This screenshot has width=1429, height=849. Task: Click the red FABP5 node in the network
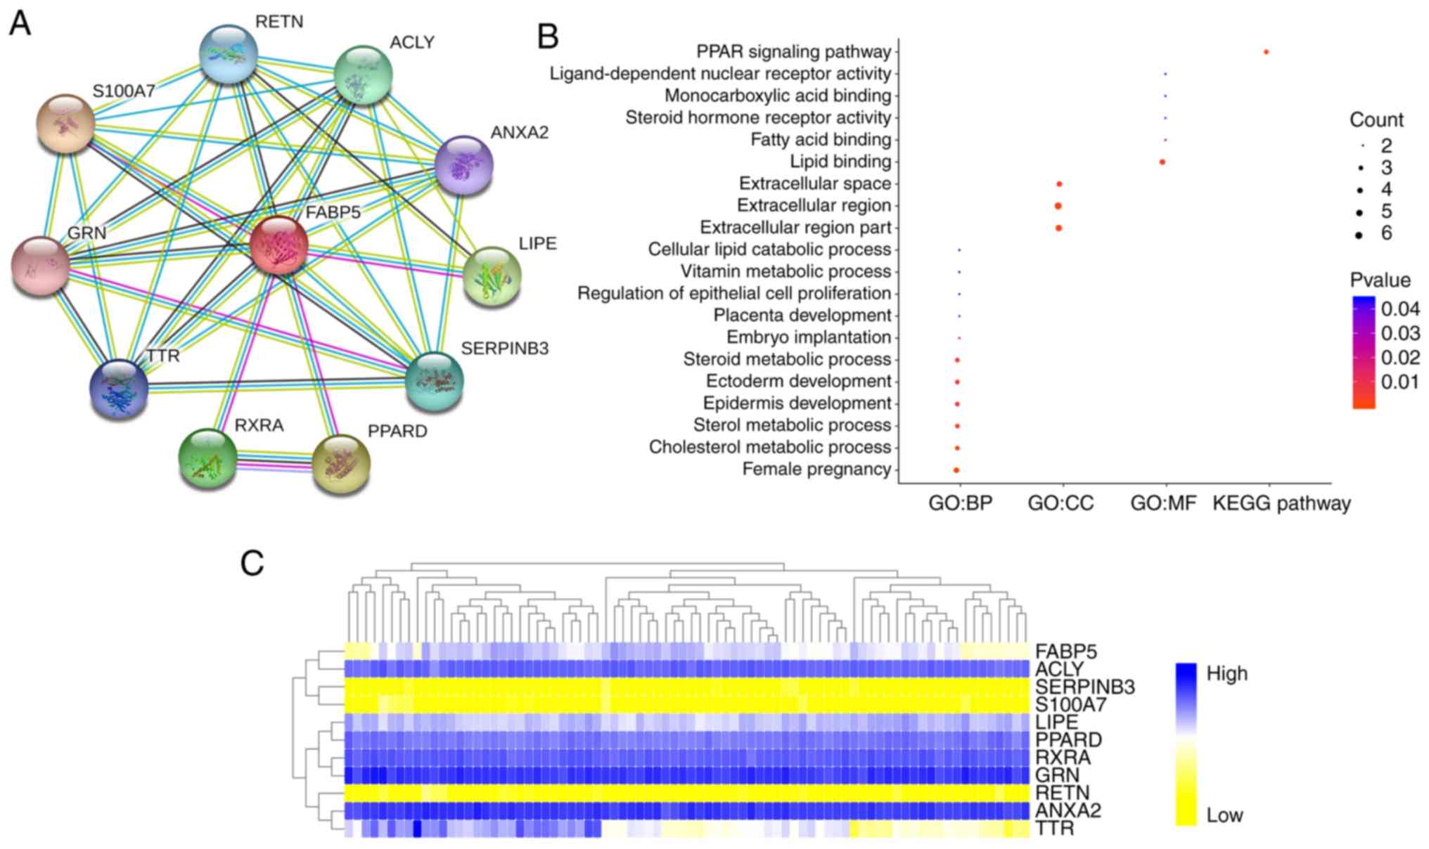(278, 245)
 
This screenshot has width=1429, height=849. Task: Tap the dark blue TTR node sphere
(119, 389)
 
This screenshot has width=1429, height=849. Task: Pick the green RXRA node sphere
(207, 458)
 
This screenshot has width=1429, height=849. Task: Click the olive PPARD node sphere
(340, 464)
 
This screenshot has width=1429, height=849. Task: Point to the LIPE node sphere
(492, 276)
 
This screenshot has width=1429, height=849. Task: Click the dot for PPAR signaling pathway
(1266, 52)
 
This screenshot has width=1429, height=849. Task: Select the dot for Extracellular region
(1058, 206)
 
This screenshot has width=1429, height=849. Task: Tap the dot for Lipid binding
(1162, 162)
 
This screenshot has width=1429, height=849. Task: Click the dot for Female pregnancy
(956, 469)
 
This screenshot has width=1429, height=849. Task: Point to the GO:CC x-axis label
(1060, 503)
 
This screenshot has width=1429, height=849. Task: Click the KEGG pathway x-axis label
(1281, 503)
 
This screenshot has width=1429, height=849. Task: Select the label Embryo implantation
(808, 337)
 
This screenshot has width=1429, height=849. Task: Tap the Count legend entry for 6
(1386, 233)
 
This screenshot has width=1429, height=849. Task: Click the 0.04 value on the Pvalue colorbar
(1400, 309)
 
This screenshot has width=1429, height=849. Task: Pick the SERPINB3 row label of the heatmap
(1084, 687)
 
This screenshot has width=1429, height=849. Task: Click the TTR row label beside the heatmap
(1054, 829)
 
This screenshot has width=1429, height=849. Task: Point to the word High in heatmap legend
(1226, 673)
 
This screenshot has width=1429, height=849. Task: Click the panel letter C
(252, 563)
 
